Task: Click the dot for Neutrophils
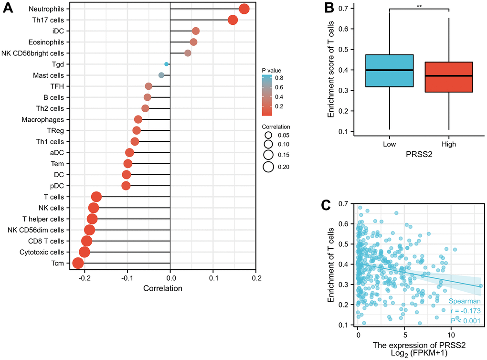pyautogui.click(x=244, y=9)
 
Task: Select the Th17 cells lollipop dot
pyautogui.click(x=233, y=20)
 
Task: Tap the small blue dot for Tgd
pyautogui.click(x=166, y=64)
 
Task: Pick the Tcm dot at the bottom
pyautogui.click(x=78, y=263)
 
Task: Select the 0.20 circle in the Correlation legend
pyautogui.click(x=267, y=167)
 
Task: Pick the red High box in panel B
pyautogui.click(x=449, y=77)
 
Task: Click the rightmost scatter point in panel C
pyautogui.click(x=481, y=286)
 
